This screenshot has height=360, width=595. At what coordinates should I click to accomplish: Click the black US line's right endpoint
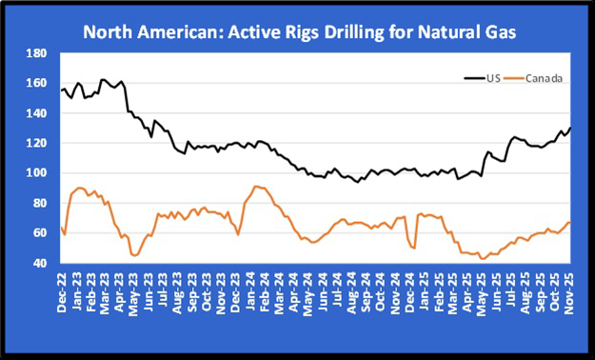(570, 128)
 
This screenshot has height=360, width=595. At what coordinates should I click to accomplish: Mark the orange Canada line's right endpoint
(570, 223)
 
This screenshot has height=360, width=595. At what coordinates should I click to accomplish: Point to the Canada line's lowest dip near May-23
(134, 255)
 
